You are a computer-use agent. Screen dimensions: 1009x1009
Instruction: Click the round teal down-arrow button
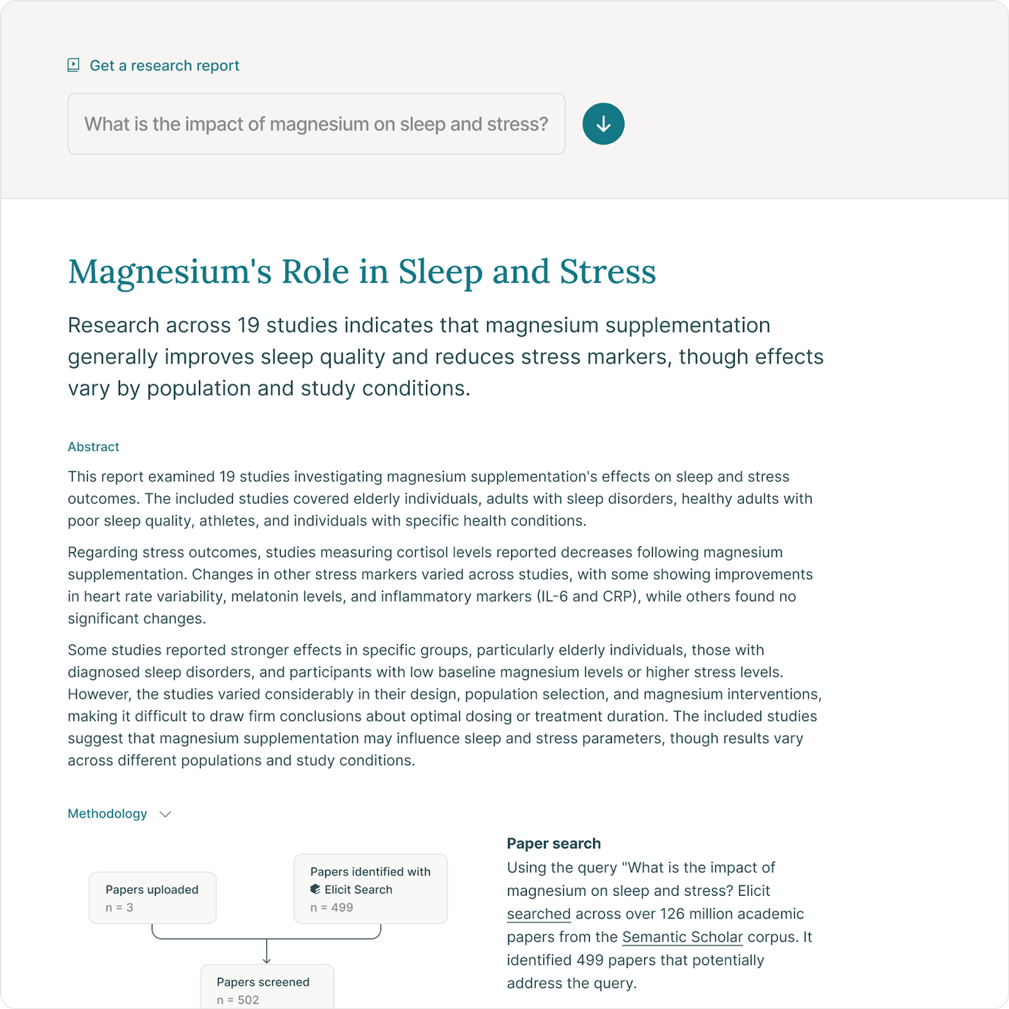603,124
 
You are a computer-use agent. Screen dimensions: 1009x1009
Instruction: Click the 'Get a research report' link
164,66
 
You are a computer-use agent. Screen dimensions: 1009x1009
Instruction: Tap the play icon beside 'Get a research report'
73,65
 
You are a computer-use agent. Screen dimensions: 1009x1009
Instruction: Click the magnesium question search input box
316,124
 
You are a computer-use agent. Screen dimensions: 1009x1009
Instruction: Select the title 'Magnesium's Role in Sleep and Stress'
362,272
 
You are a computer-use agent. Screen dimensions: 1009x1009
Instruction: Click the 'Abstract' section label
94,447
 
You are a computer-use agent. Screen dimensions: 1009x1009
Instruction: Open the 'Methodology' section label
107,813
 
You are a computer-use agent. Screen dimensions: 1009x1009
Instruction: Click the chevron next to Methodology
165,814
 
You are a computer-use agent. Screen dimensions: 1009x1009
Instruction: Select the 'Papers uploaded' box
152,897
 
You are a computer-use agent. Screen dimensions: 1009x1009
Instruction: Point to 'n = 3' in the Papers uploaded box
119,908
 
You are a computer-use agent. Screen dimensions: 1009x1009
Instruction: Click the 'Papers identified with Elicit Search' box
371,888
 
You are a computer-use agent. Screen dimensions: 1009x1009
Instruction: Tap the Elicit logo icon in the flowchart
315,889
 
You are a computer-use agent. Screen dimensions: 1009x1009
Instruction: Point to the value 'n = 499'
332,908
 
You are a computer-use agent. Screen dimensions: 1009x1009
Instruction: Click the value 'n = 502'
238,1000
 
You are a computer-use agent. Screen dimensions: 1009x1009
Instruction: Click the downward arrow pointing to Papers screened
267,952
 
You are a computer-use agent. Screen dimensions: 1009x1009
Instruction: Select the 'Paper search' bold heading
553,844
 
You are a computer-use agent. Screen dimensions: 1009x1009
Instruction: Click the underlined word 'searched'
538,914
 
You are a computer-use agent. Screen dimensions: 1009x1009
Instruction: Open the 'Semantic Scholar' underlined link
682,937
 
